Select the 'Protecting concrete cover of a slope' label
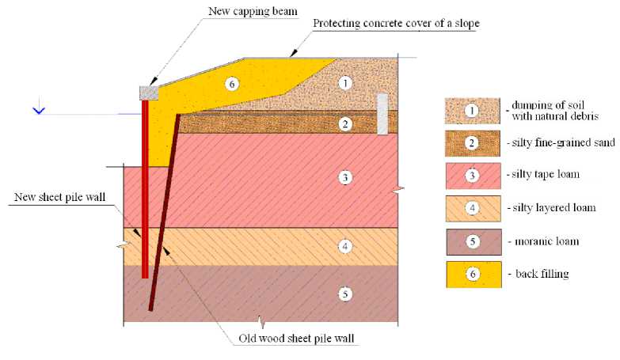[396, 23]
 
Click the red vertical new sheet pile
[145, 190]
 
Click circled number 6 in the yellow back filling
[231, 83]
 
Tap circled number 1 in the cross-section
[344, 82]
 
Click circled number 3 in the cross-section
[344, 177]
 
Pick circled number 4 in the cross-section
[344, 246]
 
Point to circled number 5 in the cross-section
[344, 294]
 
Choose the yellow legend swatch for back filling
[473, 274]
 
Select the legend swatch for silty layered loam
[473, 208]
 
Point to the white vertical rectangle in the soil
[382, 113]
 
